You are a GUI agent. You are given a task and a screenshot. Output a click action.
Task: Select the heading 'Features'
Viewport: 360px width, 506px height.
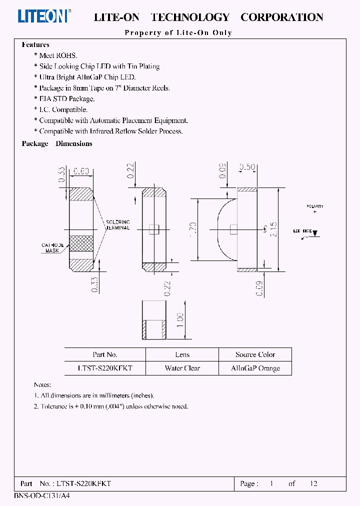point(35,44)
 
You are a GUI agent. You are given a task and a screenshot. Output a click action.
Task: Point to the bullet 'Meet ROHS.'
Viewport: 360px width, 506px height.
point(57,55)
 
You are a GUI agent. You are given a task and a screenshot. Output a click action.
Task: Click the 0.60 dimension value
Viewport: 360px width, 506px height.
point(81,172)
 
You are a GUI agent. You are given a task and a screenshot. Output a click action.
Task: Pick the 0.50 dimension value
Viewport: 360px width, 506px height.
point(247,167)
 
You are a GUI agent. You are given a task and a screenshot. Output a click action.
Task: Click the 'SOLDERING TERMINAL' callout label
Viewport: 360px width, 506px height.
point(118,224)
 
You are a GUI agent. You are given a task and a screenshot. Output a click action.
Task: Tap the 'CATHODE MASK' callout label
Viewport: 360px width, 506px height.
point(52,248)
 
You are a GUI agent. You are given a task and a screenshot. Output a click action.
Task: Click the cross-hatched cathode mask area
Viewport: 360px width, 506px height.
point(81,243)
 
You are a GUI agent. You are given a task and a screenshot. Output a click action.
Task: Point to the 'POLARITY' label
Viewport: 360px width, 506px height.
point(315,206)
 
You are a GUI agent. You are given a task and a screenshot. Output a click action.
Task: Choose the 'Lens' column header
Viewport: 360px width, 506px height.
point(182,354)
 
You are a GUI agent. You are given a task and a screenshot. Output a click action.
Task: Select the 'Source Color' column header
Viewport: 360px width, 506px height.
point(255,354)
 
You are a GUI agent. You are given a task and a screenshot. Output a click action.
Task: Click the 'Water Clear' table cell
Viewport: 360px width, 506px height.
point(182,368)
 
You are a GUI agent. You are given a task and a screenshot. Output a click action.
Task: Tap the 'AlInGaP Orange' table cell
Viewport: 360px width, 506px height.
point(255,368)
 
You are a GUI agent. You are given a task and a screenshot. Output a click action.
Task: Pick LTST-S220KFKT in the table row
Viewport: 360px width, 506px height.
point(105,368)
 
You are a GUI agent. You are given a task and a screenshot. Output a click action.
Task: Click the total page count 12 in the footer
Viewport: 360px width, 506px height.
point(313,483)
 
